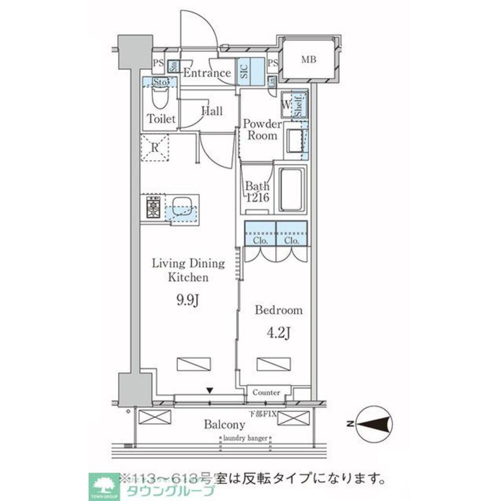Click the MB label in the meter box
pyautogui.click(x=309, y=60)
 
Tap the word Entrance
pyautogui.click(x=207, y=73)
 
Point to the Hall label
pyautogui.click(x=212, y=111)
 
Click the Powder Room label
pyautogui.click(x=262, y=130)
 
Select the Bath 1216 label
pyautogui.click(x=257, y=191)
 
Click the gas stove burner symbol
pyautogui.click(x=153, y=207)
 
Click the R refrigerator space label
pyautogui.click(x=156, y=148)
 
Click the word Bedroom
pyautogui.click(x=279, y=310)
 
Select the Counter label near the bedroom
pyautogui.click(x=266, y=393)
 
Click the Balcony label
pyautogui.click(x=224, y=425)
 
